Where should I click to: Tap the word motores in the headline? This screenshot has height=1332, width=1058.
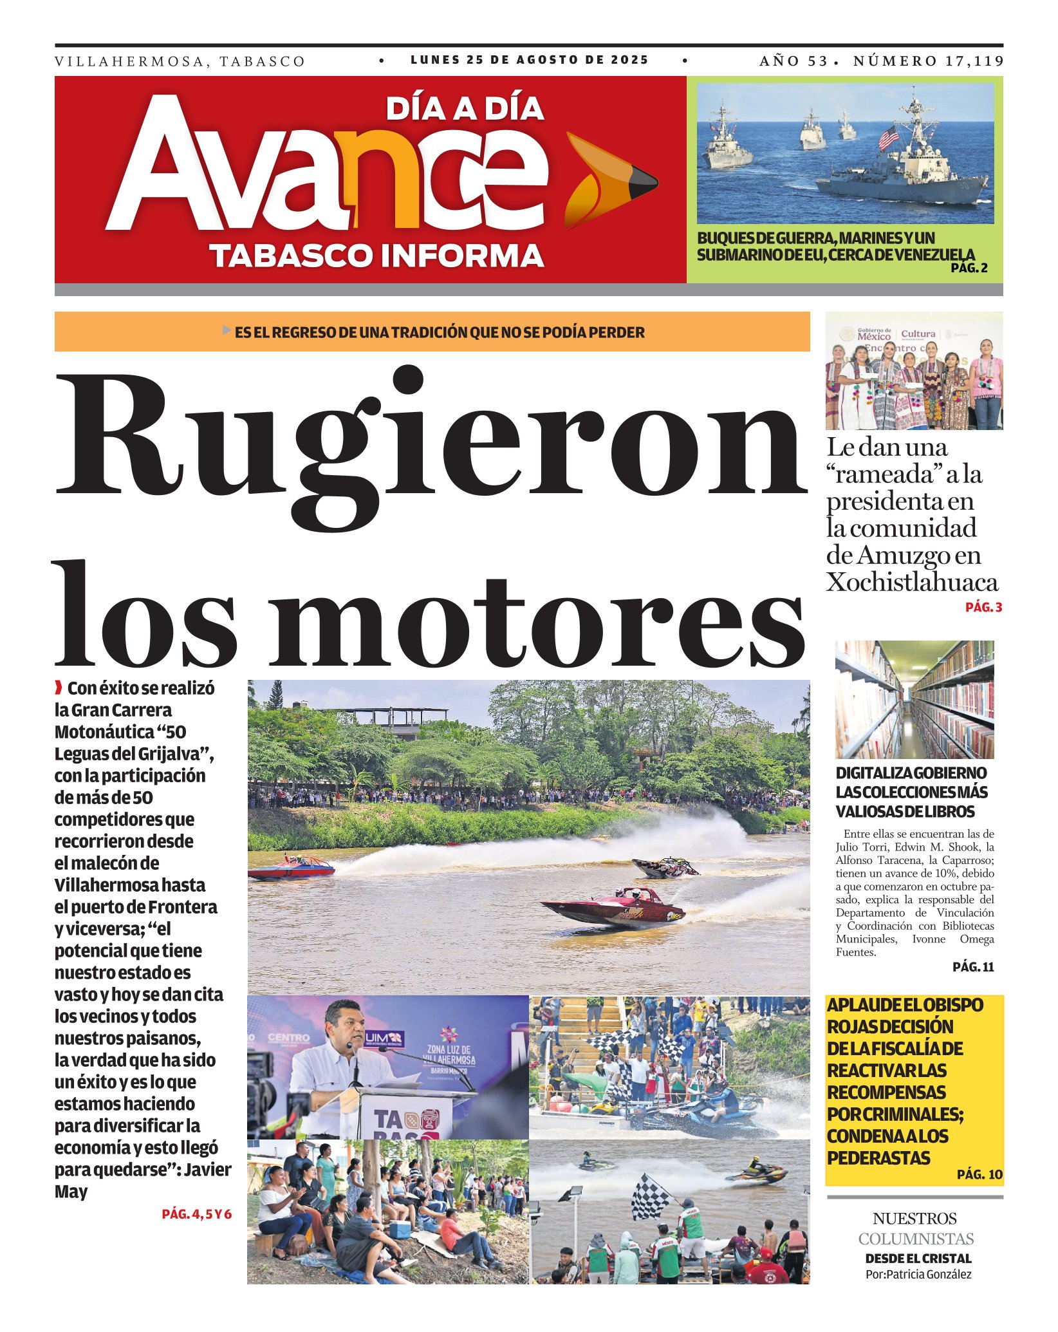point(537,621)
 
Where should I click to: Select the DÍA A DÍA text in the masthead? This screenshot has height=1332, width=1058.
point(465,109)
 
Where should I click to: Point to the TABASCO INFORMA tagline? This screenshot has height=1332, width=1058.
point(376,256)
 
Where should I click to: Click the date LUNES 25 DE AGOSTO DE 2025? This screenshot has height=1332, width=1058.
point(529,60)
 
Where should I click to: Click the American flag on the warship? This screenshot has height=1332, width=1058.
point(889,137)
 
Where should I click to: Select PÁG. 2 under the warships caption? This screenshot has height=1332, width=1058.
point(969,268)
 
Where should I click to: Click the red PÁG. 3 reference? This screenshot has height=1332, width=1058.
point(983,607)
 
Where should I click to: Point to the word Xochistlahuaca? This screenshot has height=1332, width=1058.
point(912,583)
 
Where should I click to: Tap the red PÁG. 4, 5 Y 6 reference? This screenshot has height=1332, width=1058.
point(196,1214)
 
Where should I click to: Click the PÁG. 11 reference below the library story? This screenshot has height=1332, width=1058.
point(973,967)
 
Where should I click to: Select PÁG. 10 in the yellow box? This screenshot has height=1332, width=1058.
point(979,1174)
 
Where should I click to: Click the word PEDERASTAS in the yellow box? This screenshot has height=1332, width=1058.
point(878,1158)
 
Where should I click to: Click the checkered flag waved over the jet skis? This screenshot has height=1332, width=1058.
point(651,1196)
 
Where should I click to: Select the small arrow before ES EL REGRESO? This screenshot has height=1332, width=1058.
point(226,330)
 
